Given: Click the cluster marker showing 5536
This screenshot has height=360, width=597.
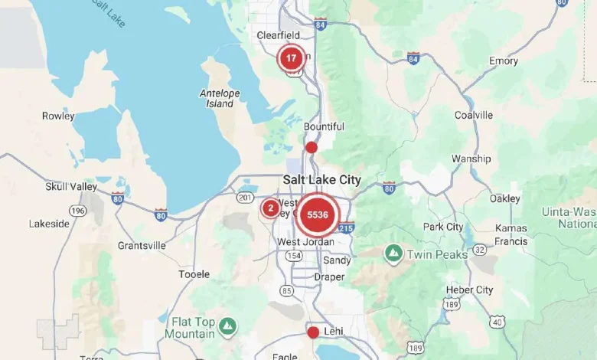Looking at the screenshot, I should (x=318, y=215).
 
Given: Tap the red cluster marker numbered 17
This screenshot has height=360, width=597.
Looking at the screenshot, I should (x=291, y=58).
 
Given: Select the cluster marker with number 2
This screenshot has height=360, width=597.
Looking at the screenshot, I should (x=270, y=208).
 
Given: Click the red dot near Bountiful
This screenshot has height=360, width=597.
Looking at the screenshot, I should (x=311, y=147).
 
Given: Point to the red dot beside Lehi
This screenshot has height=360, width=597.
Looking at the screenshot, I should (x=312, y=332).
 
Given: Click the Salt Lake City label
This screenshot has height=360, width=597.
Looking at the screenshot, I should (x=321, y=179).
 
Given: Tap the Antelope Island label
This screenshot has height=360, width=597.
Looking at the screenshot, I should (x=220, y=98).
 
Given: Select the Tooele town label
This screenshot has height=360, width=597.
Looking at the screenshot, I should (x=194, y=274).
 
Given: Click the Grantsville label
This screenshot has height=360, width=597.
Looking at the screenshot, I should (x=142, y=246).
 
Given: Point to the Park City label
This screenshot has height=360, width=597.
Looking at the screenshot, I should (x=443, y=227).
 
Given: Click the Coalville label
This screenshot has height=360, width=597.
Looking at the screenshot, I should (x=474, y=115).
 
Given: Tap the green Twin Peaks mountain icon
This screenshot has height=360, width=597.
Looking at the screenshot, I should (x=393, y=252).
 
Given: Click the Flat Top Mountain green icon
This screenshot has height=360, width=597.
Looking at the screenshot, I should (x=227, y=327).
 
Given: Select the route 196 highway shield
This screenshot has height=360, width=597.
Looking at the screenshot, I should (x=77, y=211).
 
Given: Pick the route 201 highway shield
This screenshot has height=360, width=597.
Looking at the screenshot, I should (x=245, y=198).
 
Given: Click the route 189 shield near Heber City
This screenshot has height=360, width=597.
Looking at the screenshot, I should (x=452, y=305).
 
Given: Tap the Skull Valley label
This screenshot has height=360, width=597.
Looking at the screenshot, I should (x=71, y=186).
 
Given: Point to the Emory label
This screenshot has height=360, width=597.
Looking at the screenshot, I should (x=504, y=61).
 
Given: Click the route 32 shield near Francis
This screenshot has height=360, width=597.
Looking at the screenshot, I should (x=480, y=249).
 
